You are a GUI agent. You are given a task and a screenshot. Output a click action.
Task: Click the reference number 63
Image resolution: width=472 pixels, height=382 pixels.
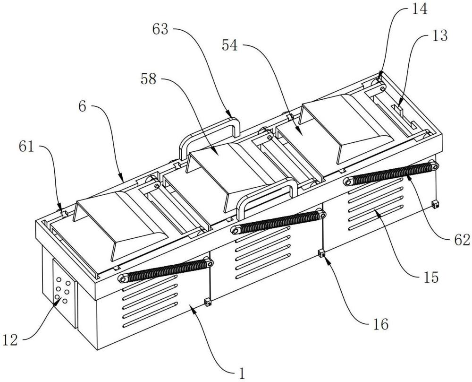click(160, 29)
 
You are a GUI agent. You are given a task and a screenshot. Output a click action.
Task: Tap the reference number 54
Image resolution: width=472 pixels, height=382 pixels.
click(230, 46)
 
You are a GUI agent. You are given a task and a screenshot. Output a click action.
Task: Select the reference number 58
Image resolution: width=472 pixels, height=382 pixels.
click(149, 79)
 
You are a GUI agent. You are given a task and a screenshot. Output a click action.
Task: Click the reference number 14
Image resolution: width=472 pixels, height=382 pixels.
click(420, 9)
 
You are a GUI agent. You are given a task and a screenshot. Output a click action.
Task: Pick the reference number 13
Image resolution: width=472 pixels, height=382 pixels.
click(440, 36)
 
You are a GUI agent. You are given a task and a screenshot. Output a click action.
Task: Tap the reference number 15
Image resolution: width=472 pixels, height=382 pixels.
click(431, 278)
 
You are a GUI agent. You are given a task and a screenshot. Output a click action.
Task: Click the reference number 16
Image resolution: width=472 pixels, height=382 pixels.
click(380, 324)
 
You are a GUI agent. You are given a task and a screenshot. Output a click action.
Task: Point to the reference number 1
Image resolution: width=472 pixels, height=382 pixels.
click(241, 373)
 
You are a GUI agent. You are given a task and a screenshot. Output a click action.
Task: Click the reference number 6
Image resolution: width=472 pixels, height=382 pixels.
click(83, 107)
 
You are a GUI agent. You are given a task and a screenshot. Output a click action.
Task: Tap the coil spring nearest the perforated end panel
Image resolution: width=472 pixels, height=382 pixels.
click(166, 270)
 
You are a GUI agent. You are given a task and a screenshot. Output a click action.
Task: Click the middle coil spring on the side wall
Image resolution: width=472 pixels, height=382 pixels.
click(278, 222)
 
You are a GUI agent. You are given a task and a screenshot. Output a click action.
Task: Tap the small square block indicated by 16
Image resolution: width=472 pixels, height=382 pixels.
click(321, 253)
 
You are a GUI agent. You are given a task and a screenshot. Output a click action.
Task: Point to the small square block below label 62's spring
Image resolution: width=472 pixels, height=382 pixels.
click(435, 204)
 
